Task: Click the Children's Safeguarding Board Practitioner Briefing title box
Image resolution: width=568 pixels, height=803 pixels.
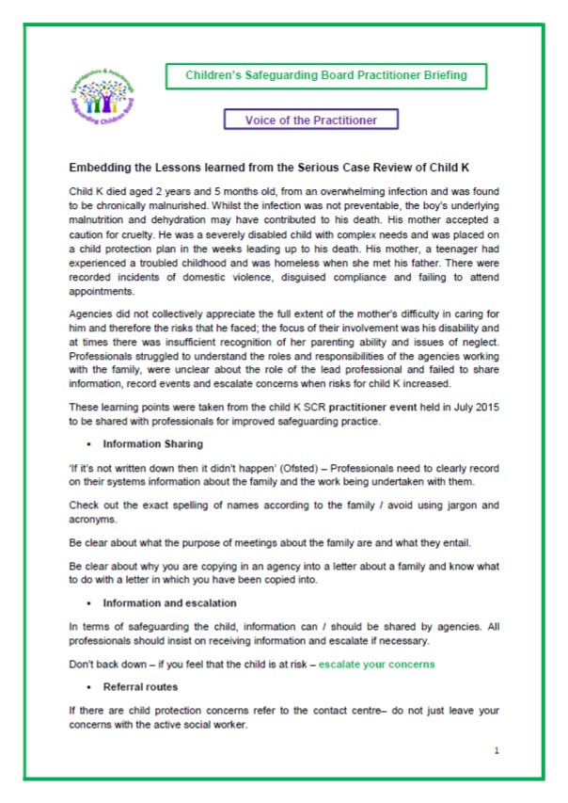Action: click(324, 74)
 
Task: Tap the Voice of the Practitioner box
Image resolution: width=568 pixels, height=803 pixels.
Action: click(311, 120)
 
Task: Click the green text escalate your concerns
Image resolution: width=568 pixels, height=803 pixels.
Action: click(376, 665)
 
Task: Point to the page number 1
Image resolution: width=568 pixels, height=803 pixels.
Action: click(496, 750)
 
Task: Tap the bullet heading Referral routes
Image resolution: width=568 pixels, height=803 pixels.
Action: click(140, 687)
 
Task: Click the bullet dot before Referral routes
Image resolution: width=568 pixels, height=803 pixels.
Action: click(87, 687)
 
